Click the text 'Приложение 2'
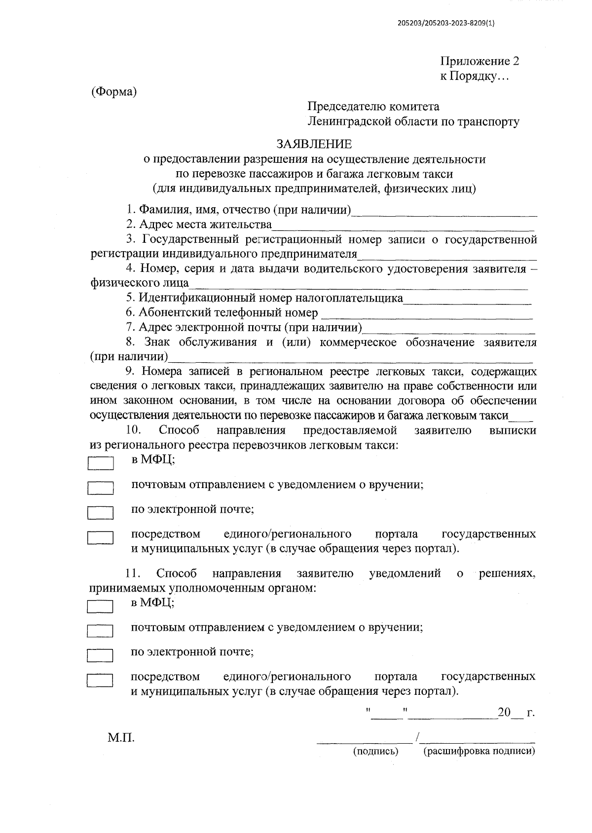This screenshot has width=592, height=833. (x=480, y=62)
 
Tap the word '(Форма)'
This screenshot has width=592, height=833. (x=113, y=92)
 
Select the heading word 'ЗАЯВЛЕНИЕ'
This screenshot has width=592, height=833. (x=314, y=144)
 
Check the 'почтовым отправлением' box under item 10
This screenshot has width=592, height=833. (x=101, y=488)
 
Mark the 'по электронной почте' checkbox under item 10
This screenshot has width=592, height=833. (x=101, y=513)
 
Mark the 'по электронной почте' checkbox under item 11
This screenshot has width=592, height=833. (x=100, y=655)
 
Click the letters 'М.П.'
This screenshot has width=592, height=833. (x=121, y=738)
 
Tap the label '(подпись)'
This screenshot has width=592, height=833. (x=375, y=752)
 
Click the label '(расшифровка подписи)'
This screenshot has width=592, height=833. (x=479, y=752)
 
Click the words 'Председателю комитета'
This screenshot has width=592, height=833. (x=373, y=107)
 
